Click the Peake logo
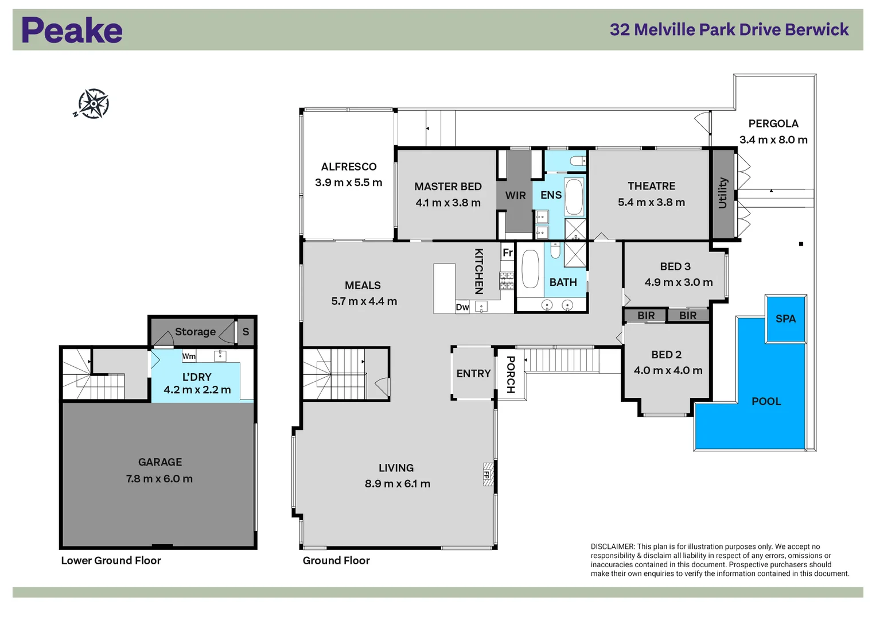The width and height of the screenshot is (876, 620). point(72,30)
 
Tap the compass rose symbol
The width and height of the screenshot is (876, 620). point(92,104)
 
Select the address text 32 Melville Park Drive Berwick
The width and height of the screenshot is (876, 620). point(729,30)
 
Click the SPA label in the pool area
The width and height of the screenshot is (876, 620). point(785,319)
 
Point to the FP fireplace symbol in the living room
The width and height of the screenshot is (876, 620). point(487,475)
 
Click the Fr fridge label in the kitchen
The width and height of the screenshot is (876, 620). point(508,253)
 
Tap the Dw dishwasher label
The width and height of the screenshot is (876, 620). point(462,307)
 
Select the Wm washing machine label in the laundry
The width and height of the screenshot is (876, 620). point(189,356)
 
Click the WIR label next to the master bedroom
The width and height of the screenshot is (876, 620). point(515,196)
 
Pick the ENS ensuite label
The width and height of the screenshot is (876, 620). point(551,195)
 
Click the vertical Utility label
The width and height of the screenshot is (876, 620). point(723,193)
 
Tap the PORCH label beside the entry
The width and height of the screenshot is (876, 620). point(511,374)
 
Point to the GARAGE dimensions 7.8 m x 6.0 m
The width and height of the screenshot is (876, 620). point(159,479)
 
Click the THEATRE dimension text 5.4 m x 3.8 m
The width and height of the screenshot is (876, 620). point(651,203)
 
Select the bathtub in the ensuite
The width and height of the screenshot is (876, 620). point(574,196)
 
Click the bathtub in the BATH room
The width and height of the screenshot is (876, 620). point(530,269)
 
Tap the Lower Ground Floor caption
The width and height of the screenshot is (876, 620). point(111,561)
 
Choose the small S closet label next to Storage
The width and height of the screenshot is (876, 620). point(246,332)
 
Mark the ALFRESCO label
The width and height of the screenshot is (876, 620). point(349,167)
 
